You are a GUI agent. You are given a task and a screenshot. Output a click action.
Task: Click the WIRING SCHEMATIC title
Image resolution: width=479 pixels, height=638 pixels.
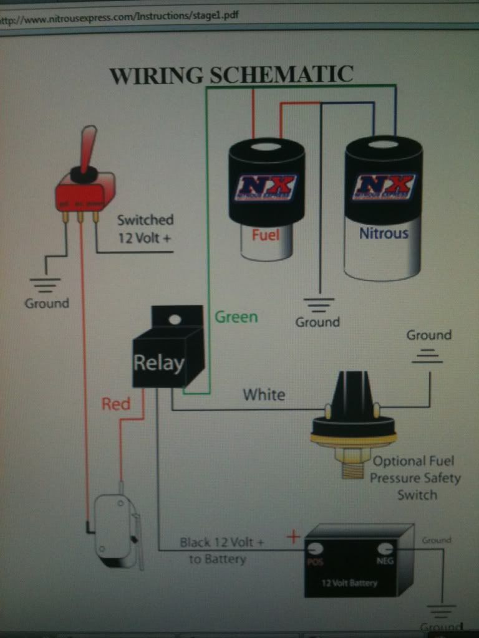point(231,75)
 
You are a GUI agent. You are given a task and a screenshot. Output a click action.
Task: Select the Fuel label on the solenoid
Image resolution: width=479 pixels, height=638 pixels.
point(265,235)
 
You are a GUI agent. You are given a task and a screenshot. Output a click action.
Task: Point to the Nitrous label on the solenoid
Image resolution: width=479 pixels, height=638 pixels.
point(384,234)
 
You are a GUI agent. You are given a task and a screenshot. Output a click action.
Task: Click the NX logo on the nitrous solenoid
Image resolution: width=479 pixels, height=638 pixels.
point(384,186)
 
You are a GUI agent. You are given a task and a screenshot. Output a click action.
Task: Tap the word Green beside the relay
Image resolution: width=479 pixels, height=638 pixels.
point(236,317)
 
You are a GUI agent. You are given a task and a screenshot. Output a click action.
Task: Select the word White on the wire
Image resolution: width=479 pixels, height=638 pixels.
point(264,394)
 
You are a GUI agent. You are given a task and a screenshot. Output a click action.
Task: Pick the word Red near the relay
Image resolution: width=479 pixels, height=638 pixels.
point(116,404)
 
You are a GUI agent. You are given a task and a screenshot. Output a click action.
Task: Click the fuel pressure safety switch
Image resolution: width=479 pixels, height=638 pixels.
point(353,424)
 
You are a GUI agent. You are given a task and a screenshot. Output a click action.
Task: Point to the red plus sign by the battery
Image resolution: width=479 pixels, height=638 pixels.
point(293,536)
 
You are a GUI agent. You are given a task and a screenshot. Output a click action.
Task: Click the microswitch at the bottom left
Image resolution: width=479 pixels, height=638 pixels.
point(115,530)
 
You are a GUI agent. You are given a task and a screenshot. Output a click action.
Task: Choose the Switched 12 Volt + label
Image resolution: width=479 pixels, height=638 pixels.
point(145,229)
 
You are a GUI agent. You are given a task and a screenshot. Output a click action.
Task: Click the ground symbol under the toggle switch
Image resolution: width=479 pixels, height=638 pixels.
point(46,285)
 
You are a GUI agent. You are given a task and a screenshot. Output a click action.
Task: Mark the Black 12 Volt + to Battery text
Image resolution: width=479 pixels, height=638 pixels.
point(221,551)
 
